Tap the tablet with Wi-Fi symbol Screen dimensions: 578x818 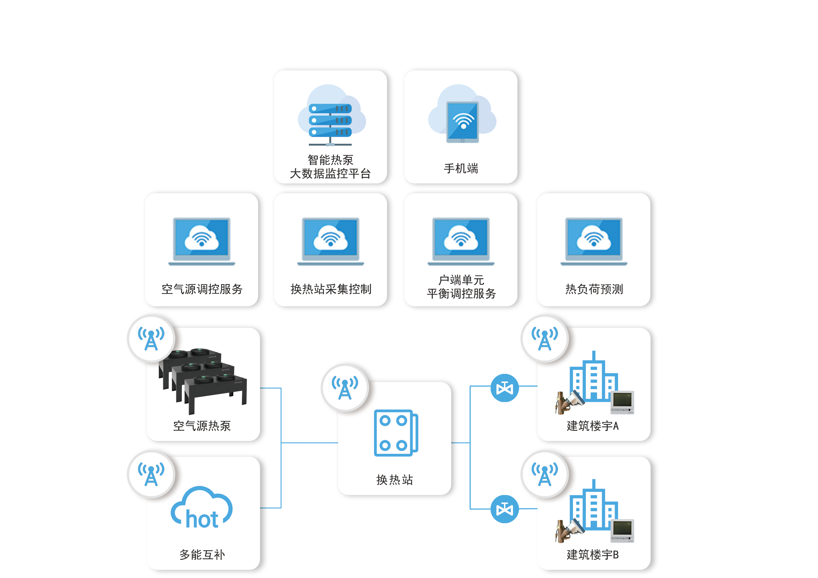pyautogui.click(x=462, y=122)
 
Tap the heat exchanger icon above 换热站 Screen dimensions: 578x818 pyautogui.click(x=395, y=433)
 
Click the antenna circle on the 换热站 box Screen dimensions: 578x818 pyautogui.click(x=344, y=388)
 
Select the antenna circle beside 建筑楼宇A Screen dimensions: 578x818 pyautogui.click(x=544, y=338)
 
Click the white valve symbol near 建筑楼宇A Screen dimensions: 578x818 pyautogui.click(x=504, y=388)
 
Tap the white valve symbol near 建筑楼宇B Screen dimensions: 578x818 pyautogui.click(x=504, y=509)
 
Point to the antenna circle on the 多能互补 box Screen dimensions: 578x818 pyautogui.click(x=151, y=474)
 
